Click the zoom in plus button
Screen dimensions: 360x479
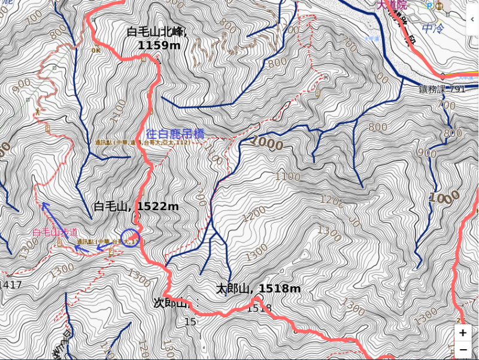[463, 333]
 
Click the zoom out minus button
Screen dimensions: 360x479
[463, 349]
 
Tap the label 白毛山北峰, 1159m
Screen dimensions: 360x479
[157, 38]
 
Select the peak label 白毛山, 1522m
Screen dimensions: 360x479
[136, 207]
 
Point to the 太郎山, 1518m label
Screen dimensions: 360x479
[258, 289]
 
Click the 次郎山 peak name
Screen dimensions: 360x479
[171, 303]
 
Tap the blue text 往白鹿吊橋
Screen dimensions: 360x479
[175, 134]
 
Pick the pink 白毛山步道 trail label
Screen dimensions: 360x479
[54, 232]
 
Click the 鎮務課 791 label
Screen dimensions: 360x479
[442, 89]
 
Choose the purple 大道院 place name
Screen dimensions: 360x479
[392, 5]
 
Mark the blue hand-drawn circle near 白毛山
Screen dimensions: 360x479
[131, 238]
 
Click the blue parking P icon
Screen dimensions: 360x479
[429, 6]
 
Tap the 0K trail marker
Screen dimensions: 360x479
[96, 50]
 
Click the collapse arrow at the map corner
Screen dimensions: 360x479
[472, 19]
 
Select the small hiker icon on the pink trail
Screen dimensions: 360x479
[37, 112]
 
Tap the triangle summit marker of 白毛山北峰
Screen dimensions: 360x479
[158, 60]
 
